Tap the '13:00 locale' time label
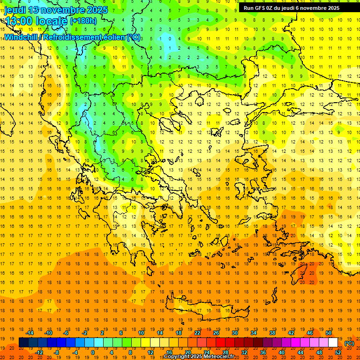[36, 21]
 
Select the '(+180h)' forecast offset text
[83, 21]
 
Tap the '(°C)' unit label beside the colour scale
[349, 343]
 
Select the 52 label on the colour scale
[338, 352]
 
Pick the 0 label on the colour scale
[92, 352]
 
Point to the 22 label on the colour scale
[197, 333]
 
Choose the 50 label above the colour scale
[329, 333]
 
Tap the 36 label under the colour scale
[262, 352]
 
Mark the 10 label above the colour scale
[141, 333]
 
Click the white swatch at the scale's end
[333, 342]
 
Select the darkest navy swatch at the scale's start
[23, 342]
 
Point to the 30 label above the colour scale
[235, 333]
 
